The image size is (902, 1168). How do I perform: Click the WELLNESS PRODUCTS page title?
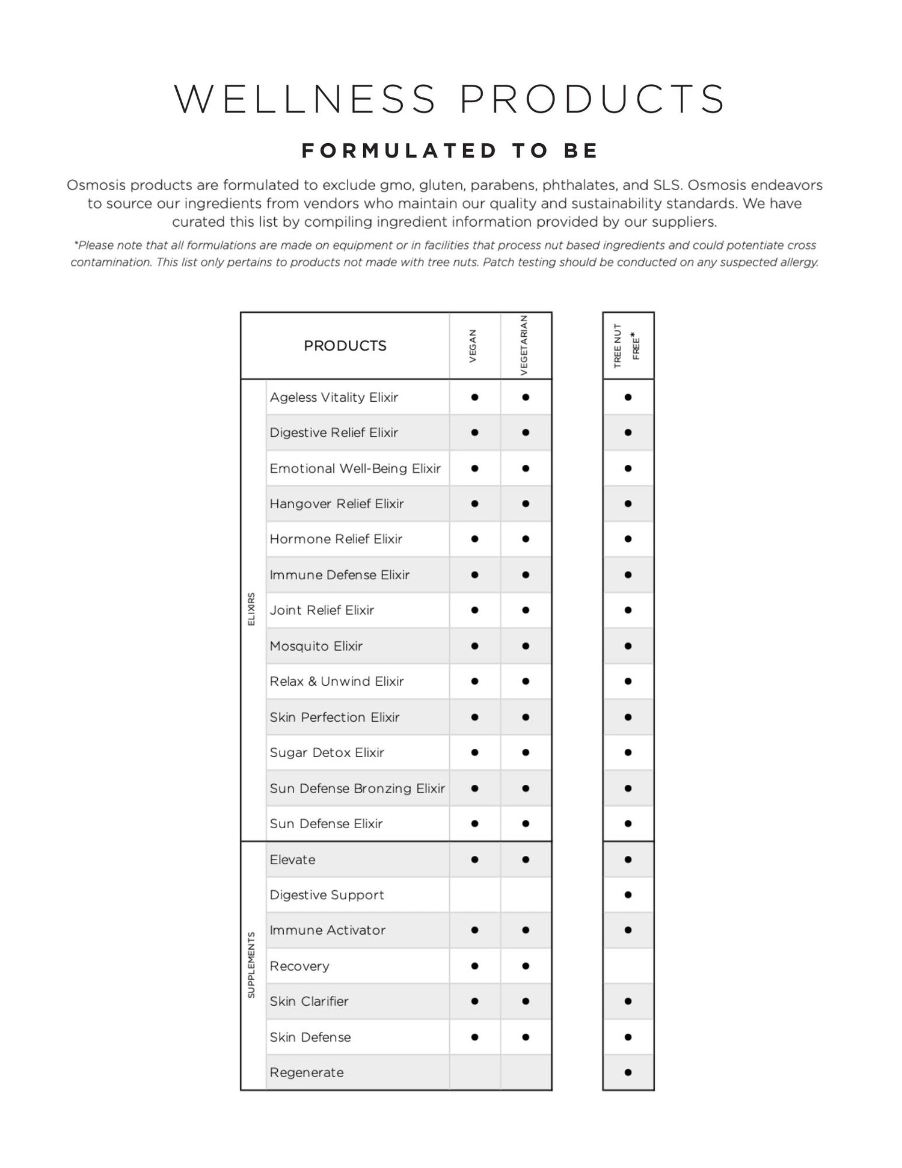tap(450, 99)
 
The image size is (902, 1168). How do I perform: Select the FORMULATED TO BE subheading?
tap(450, 150)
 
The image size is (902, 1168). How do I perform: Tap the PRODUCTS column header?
tap(345, 346)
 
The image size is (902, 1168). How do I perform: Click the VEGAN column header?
tap(473, 346)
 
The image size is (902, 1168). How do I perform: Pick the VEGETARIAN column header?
tap(524, 346)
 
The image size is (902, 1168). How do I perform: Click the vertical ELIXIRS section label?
tap(252, 609)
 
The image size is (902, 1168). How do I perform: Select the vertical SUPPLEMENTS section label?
tap(252, 965)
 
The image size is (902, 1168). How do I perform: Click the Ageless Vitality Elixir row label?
tap(334, 398)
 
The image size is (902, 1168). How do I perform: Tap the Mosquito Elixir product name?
tap(316, 646)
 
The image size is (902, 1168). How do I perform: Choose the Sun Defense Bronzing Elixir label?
tap(357, 788)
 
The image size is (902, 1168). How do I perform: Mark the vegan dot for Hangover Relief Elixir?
tap(474, 504)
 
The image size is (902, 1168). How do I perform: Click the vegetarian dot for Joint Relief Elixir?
tap(526, 610)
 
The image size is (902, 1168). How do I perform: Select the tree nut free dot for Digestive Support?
tap(628, 895)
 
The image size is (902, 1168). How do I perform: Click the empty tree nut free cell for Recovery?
tap(628, 966)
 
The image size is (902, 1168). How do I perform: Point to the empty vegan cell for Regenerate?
tap(474, 1072)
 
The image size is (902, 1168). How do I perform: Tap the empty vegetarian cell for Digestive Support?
tap(526, 895)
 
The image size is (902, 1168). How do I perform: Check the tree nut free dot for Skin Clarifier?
tap(628, 1001)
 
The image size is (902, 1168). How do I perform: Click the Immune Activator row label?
tap(328, 930)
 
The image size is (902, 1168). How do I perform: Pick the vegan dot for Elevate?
tap(474, 859)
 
